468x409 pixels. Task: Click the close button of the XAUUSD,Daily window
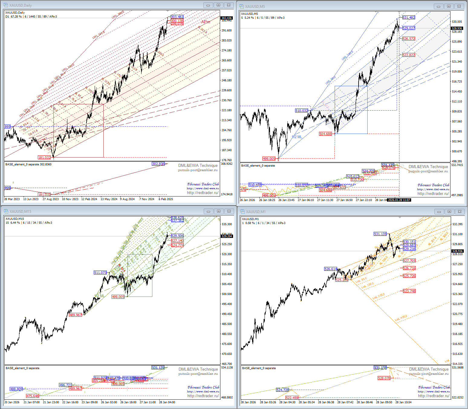pos(229,5)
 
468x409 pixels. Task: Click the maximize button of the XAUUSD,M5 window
pos(449,6)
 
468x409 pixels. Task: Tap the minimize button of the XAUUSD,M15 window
pos(208,211)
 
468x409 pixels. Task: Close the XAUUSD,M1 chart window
pos(460,212)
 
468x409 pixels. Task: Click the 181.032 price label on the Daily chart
pos(44,157)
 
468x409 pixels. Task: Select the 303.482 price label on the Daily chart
pos(177,17)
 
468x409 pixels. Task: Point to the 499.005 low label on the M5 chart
pos(269,159)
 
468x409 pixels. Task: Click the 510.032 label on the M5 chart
pos(301,111)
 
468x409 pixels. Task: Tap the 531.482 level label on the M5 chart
pos(409,18)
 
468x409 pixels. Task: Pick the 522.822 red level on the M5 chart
pos(409,55)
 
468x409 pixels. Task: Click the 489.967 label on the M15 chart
pos(76,315)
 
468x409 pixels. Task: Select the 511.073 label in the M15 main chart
pos(100,273)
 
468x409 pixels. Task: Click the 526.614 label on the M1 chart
pos(330,269)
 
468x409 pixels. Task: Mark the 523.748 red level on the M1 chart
pos(409,291)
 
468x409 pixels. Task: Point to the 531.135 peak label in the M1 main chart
pos(380,234)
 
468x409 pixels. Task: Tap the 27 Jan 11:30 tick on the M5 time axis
pos(325,200)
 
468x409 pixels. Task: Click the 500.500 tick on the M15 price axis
pos(227,294)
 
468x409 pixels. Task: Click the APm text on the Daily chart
pos(206,22)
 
